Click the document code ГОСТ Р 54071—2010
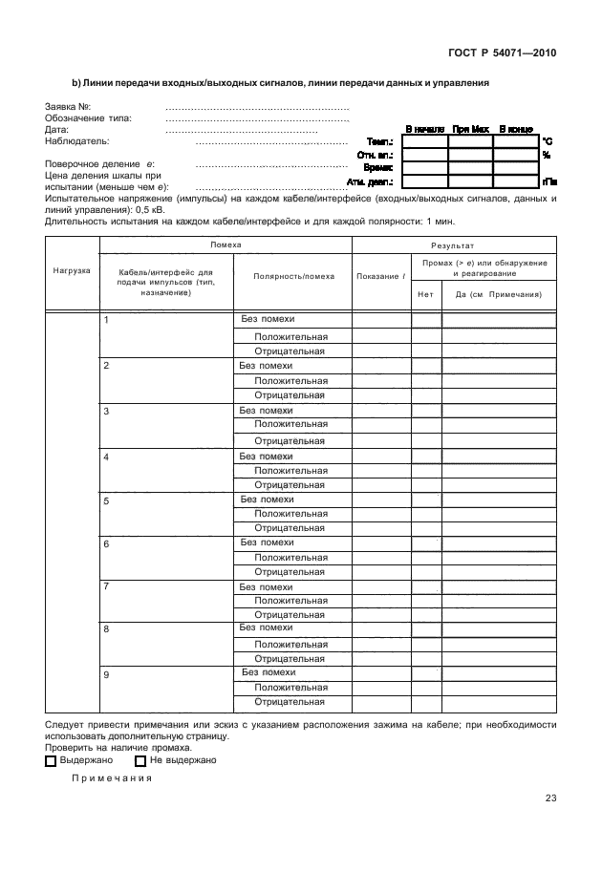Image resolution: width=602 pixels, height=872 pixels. (x=503, y=53)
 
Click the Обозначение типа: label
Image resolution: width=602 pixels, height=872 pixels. (x=88, y=118)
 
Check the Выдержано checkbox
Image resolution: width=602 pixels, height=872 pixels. (x=51, y=761)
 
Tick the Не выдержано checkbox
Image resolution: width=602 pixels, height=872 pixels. (x=140, y=761)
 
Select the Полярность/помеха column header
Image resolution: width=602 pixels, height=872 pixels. (x=293, y=276)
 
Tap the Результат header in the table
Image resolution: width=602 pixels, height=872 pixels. (x=453, y=245)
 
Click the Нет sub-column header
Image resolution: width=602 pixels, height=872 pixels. (x=425, y=294)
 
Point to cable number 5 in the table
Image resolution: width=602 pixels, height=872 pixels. (x=106, y=500)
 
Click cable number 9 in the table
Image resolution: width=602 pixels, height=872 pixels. (x=106, y=674)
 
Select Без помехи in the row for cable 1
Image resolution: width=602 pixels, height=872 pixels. (x=267, y=319)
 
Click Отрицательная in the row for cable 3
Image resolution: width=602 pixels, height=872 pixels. (x=290, y=440)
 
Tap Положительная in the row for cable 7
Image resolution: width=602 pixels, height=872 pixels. (x=290, y=601)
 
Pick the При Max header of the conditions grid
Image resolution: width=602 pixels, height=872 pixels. (x=470, y=128)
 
